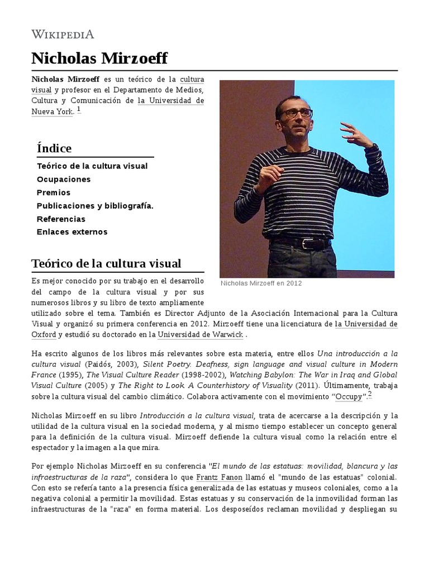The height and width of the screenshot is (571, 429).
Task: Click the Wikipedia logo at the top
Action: [63, 34]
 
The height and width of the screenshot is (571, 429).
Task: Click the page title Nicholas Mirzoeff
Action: [99, 59]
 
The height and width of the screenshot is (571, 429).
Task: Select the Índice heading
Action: [54, 148]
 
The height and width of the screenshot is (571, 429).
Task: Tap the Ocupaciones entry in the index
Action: [64, 180]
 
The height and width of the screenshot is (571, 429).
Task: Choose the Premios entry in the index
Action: [54, 192]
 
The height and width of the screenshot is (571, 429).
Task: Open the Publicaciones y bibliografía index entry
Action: [95, 206]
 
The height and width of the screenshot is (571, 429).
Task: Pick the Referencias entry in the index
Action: [61, 219]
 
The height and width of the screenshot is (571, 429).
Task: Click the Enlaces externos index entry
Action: [72, 232]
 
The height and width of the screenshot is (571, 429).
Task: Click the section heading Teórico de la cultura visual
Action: [106, 263]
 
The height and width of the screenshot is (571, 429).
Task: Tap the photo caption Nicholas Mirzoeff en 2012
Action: [261, 283]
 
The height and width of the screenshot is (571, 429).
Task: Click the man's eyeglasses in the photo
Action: [297, 113]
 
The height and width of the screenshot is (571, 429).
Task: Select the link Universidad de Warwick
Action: [201, 335]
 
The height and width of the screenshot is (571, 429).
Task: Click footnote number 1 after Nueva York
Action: [79, 109]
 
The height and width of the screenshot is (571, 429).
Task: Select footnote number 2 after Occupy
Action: [369, 394]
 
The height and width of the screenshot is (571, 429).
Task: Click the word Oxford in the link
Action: [44, 335]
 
